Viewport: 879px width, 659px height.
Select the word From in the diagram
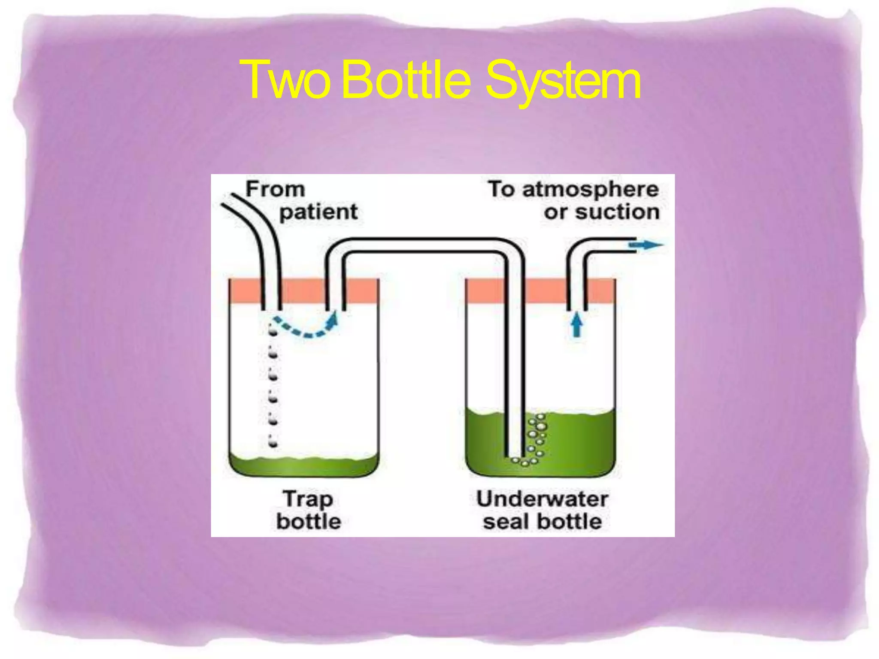(x=275, y=189)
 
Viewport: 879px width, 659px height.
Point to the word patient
(x=318, y=212)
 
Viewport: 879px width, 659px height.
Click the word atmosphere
(x=590, y=189)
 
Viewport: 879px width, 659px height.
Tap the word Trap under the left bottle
(x=308, y=499)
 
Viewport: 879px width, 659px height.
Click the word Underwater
(x=542, y=499)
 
